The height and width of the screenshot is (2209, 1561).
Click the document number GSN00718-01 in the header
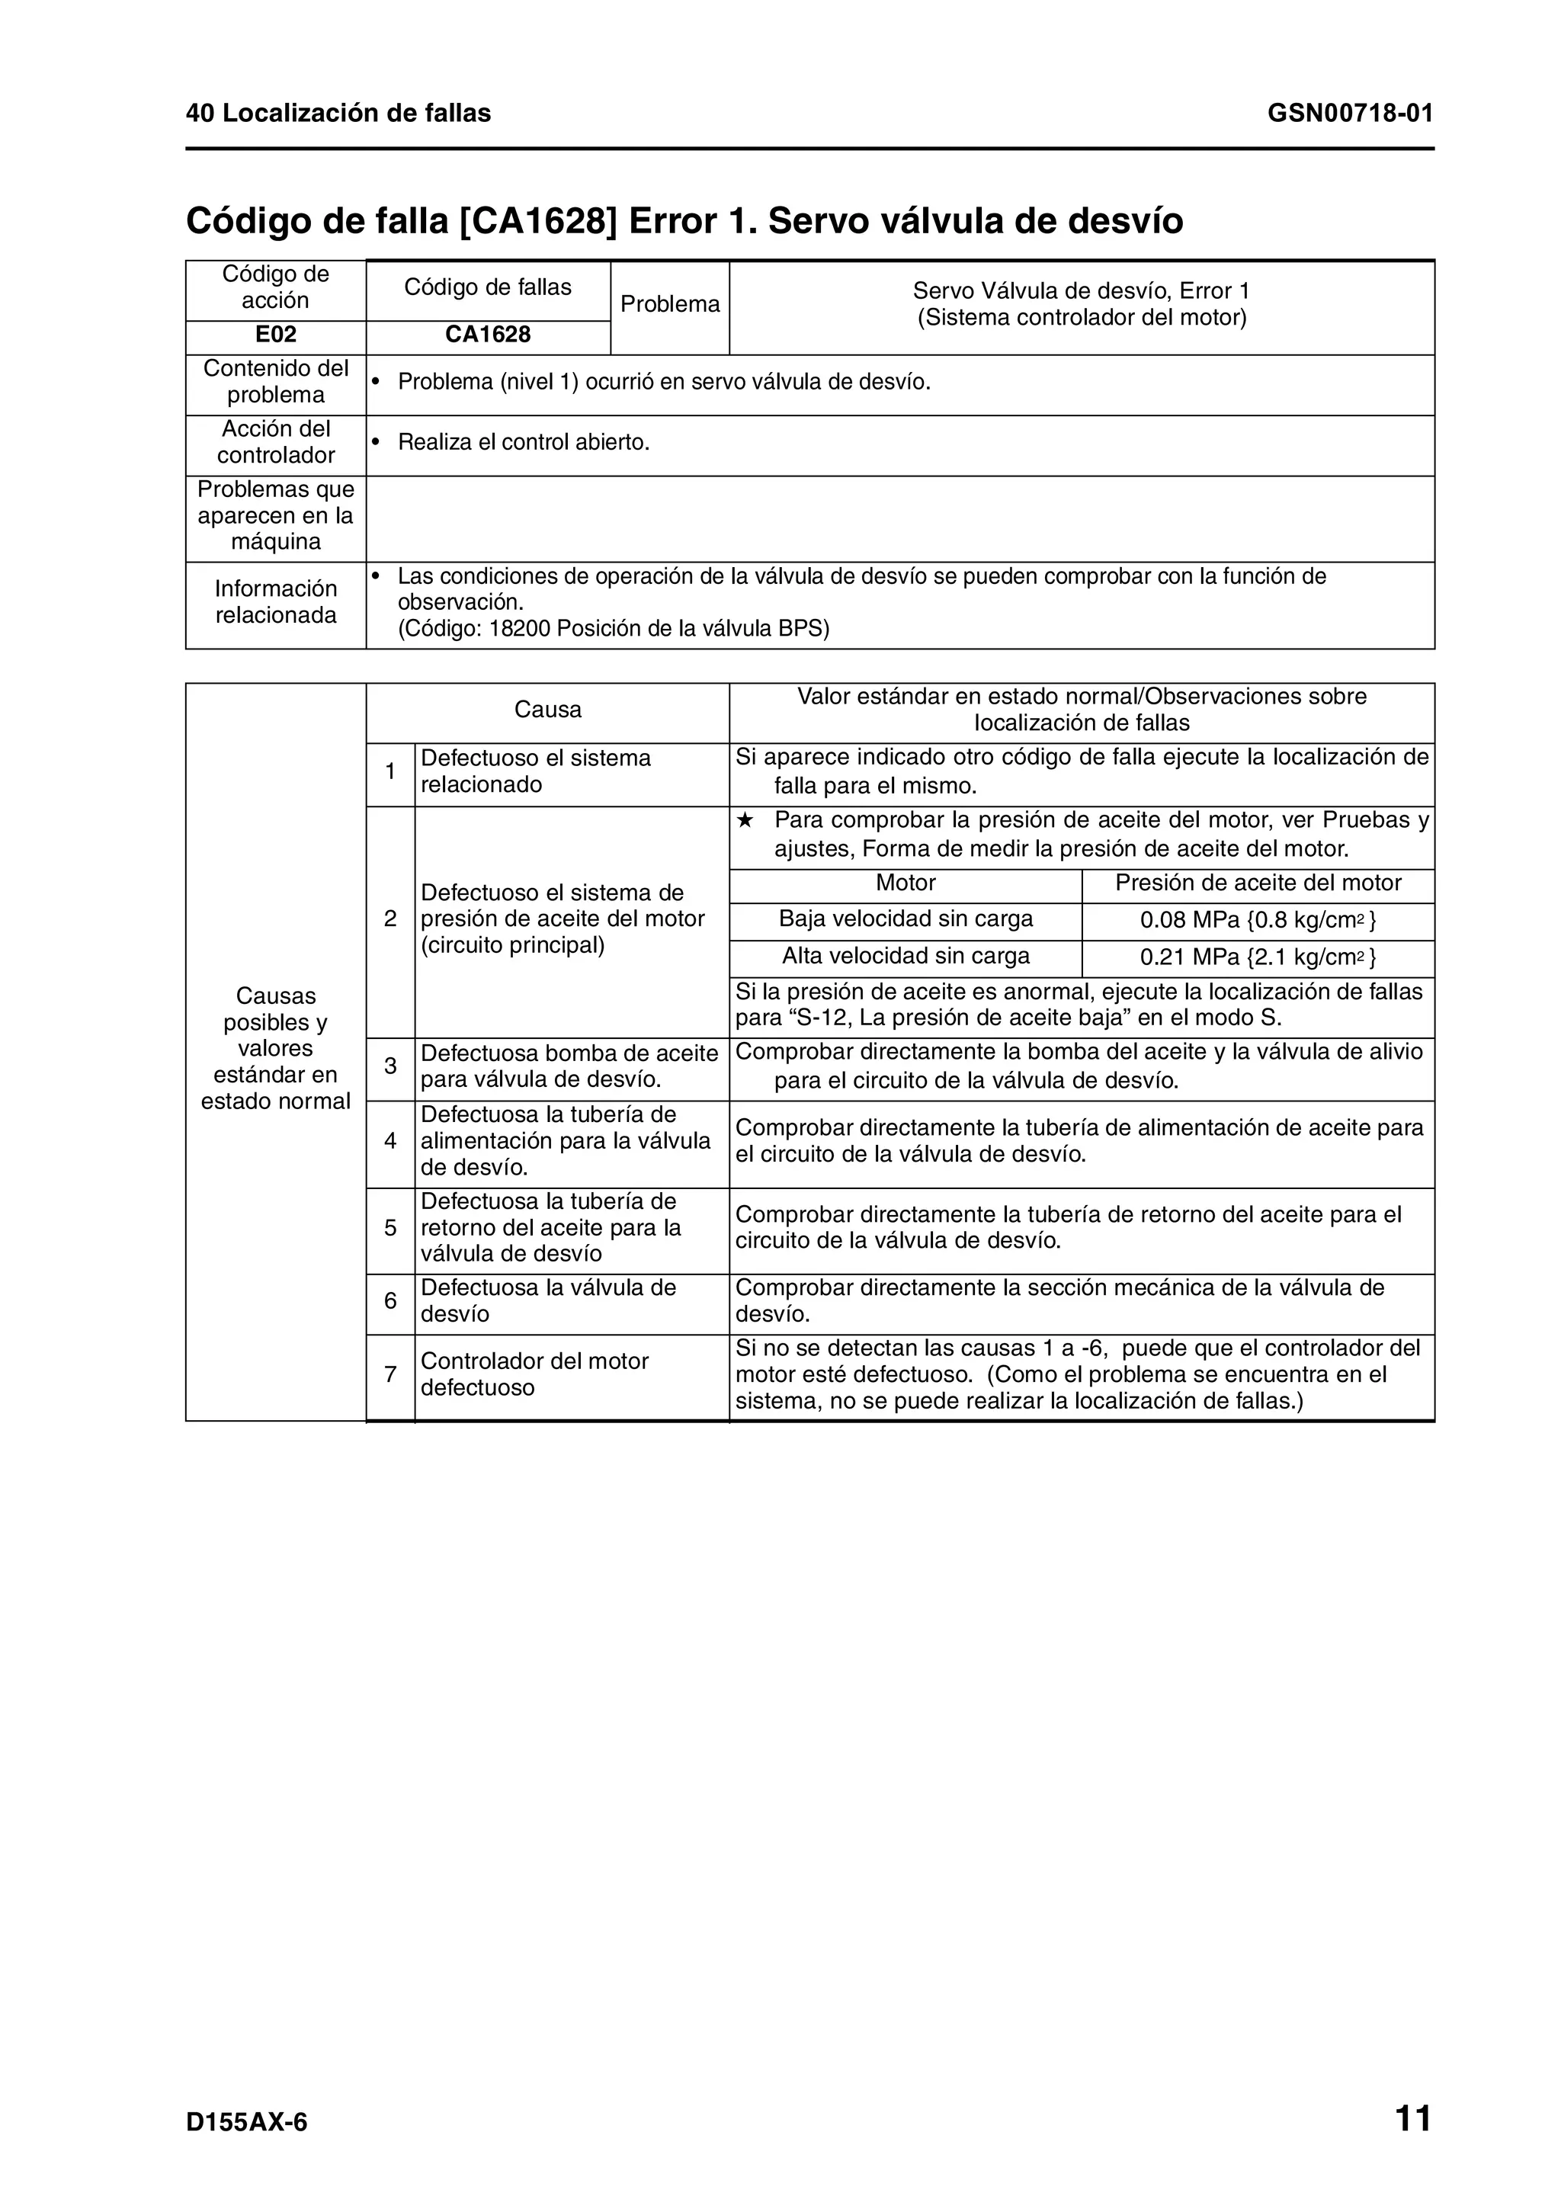pos(1349,114)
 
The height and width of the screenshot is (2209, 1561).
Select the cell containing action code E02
pos(275,335)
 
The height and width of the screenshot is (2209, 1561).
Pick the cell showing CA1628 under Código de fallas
pos(488,335)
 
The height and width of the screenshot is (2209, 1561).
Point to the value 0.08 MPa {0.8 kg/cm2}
pos(1257,920)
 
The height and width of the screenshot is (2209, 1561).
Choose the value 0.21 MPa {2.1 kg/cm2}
pos(1257,957)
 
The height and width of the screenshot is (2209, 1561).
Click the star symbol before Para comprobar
pos(745,821)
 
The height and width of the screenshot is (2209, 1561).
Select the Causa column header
pos(547,710)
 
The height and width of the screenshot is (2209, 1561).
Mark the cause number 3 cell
pos(390,1066)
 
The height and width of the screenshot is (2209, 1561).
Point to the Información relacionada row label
pos(275,601)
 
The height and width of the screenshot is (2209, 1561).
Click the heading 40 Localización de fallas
pos(338,114)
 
